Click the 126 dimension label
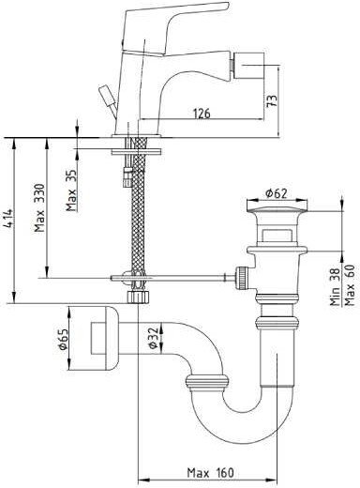pos(202,113)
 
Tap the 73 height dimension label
pos(273,100)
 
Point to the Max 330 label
pos(40,207)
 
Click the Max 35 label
pos(71,190)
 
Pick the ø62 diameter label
pos(277,193)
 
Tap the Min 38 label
pos(335,286)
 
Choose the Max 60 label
pos(350,285)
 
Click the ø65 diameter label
pos(64,339)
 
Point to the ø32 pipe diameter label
pos(153,338)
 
